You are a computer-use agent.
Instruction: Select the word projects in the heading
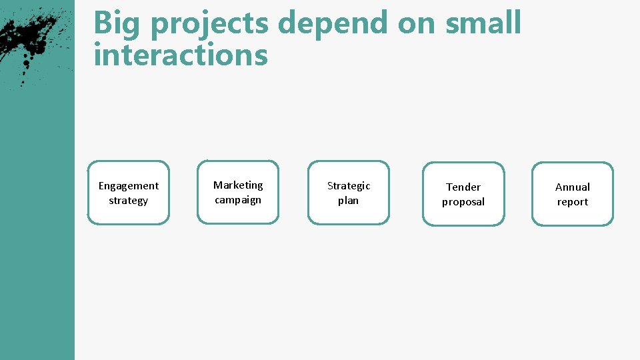(x=210, y=25)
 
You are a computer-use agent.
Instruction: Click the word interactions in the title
(x=181, y=55)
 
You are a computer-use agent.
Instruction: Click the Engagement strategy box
(x=129, y=193)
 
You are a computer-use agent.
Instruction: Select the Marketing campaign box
(x=238, y=192)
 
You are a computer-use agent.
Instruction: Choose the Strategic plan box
(x=348, y=193)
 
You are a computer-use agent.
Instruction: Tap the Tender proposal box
(x=463, y=194)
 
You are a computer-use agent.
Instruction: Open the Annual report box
(x=572, y=194)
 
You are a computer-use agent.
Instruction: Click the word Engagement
(x=129, y=186)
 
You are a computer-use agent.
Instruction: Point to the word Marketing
(x=238, y=185)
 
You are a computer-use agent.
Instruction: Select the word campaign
(x=238, y=200)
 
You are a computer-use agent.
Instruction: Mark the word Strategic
(x=348, y=185)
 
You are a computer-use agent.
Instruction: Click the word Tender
(x=463, y=187)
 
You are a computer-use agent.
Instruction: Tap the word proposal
(x=463, y=202)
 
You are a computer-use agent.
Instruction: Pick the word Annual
(x=572, y=187)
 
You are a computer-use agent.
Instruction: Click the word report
(x=572, y=202)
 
